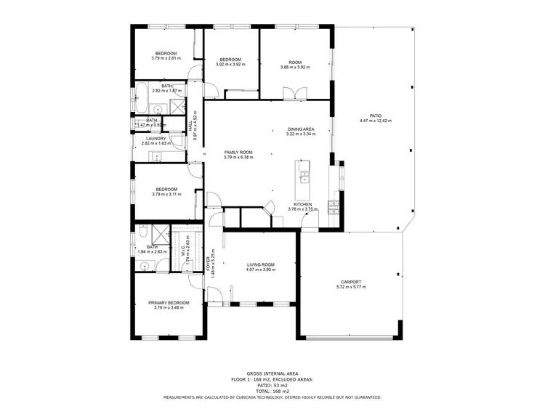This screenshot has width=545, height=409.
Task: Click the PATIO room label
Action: coord(375,116)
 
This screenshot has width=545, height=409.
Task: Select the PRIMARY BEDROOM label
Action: coord(169,302)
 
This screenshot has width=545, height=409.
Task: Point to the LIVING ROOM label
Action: coord(260,265)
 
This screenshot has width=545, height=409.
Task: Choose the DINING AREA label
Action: coord(299,129)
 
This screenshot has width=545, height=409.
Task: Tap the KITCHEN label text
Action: coord(302,204)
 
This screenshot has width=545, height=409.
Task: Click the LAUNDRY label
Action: coord(156,139)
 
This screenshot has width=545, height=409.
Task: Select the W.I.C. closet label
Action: coord(182,251)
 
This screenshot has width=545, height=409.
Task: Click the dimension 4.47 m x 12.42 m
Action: coord(375,121)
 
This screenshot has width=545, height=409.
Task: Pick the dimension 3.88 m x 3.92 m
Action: coord(295,68)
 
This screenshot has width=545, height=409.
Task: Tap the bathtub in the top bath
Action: coord(143,94)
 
